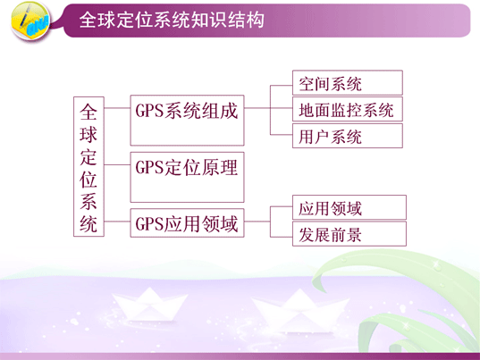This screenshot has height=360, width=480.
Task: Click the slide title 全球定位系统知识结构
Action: pyautogui.click(x=172, y=21)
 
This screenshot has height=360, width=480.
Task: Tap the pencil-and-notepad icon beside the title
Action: pyautogui.click(x=30, y=21)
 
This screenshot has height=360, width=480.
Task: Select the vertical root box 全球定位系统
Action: pyautogui.click(x=88, y=167)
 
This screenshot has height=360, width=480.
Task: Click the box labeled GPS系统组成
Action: pyautogui.click(x=187, y=121)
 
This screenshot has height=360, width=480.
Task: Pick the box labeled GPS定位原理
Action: pyautogui.click(x=187, y=177)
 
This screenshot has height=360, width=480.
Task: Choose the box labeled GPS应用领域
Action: pyautogui.click(x=187, y=223)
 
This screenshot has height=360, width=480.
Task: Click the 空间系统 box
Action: pyautogui.click(x=348, y=82)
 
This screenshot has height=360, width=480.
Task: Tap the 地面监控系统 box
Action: pyautogui.click(x=348, y=109)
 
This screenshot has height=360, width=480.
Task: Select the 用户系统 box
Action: pyautogui.click(x=348, y=136)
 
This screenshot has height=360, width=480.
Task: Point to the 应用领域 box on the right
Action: pyautogui.click(x=349, y=207)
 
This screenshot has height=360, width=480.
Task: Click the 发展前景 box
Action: pyautogui.click(x=349, y=234)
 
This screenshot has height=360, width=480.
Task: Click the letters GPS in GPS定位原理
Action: pyautogui.click(x=149, y=168)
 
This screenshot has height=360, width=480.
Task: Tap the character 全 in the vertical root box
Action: pyautogui.click(x=88, y=112)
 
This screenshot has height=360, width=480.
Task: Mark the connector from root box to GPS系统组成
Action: pyautogui.click(x=117, y=108)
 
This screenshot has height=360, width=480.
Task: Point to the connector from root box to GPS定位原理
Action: pyautogui.click(x=117, y=165)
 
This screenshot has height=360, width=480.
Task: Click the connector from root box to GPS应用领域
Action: pyautogui.click(x=117, y=222)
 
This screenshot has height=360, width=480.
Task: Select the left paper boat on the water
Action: pyautogui.click(x=149, y=305)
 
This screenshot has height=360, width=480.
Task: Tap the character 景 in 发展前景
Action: pyautogui.click(x=354, y=235)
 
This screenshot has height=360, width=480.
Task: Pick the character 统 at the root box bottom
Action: pyautogui.click(x=88, y=224)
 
